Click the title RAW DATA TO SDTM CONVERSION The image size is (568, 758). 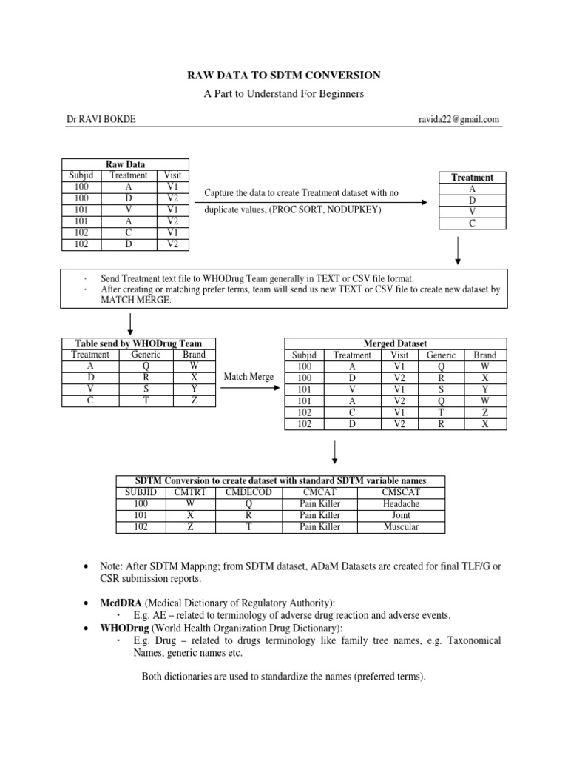283,75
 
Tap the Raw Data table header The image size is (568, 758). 126,164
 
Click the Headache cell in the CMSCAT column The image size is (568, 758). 400,503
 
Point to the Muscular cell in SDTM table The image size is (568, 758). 400,526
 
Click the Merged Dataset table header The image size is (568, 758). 396,343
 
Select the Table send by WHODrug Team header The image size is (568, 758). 138,343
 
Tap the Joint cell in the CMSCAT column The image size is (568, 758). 400,514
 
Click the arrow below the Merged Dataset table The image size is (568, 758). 337,452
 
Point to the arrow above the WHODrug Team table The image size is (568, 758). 130,323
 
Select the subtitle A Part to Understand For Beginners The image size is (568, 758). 283,94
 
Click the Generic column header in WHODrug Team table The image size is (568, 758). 146,355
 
